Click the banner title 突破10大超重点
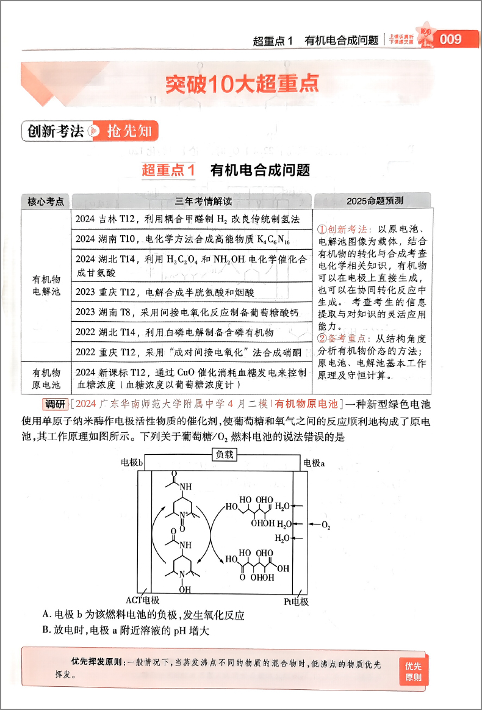pyautogui.click(x=242, y=84)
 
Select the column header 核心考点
pyautogui.click(x=46, y=201)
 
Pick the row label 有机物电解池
pyautogui.click(x=46, y=285)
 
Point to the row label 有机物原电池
pyautogui.click(x=46, y=379)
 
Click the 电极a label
pyautogui.click(x=314, y=463)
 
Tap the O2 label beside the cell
pyautogui.click(x=325, y=524)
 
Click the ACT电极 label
pyautogui.click(x=142, y=601)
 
